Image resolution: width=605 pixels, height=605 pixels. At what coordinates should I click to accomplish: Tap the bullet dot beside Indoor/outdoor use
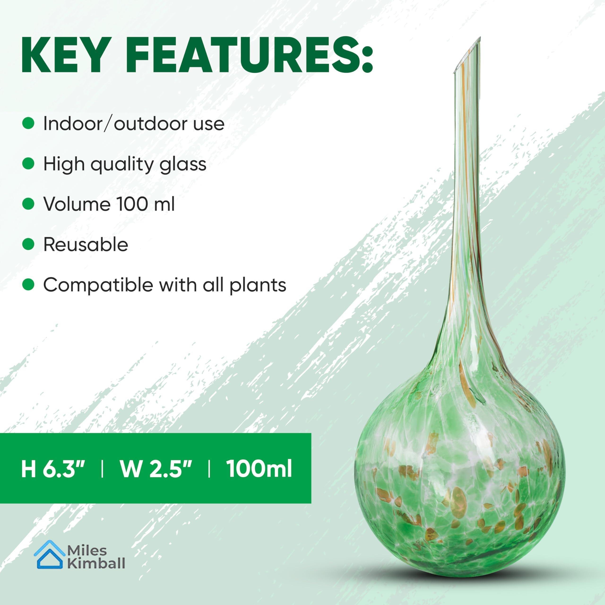(x=28, y=123)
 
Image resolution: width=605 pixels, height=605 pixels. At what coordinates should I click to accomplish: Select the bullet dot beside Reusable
(x=28, y=244)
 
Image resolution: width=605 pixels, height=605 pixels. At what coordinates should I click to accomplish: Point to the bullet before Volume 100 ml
(x=28, y=204)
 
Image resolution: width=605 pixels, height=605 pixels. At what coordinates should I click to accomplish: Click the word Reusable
(x=86, y=245)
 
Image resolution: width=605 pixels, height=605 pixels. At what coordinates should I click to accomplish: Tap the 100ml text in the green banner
(x=259, y=469)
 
